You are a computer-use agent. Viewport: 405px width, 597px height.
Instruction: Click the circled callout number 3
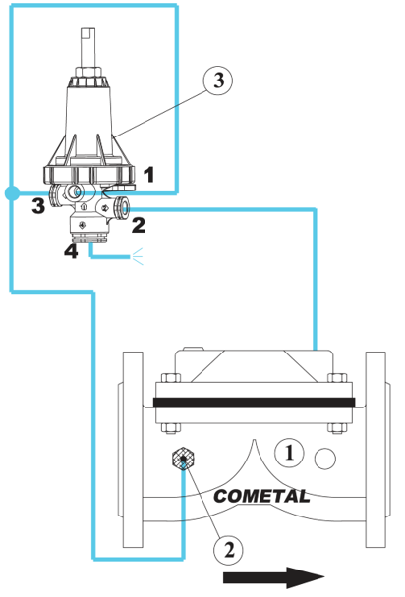click(218, 81)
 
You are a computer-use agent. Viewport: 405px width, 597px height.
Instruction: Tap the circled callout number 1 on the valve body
click(289, 453)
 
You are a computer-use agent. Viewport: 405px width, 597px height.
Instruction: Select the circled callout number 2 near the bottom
click(228, 550)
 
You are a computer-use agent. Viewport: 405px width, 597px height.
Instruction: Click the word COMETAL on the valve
click(261, 496)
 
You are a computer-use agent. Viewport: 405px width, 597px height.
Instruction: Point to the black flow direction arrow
click(273, 577)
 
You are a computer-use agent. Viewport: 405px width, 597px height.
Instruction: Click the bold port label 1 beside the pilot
click(149, 175)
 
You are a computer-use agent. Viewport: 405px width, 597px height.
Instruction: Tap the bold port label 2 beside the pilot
click(139, 225)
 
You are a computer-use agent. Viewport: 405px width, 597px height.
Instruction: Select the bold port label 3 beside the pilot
click(38, 205)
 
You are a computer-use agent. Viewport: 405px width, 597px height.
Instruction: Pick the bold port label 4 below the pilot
click(71, 251)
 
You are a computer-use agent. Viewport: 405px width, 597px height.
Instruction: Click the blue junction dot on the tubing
click(12, 193)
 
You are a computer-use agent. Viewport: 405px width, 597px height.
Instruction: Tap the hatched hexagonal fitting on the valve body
click(183, 459)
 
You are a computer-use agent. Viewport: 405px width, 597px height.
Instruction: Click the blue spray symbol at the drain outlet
click(138, 256)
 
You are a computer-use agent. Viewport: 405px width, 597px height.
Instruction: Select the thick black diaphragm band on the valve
click(255, 403)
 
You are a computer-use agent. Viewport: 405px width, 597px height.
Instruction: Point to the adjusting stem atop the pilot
click(88, 48)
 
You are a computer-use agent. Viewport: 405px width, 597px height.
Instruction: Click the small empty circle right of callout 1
click(325, 459)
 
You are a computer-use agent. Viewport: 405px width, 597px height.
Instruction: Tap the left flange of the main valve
click(132, 450)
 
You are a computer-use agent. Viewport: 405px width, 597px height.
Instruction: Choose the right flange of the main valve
click(376, 450)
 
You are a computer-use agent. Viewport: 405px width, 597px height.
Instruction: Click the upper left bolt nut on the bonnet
click(171, 378)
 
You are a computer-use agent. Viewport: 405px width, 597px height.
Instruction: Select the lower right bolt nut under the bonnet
click(337, 428)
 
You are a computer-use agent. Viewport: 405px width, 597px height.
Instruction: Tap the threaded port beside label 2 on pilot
click(124, 206)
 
